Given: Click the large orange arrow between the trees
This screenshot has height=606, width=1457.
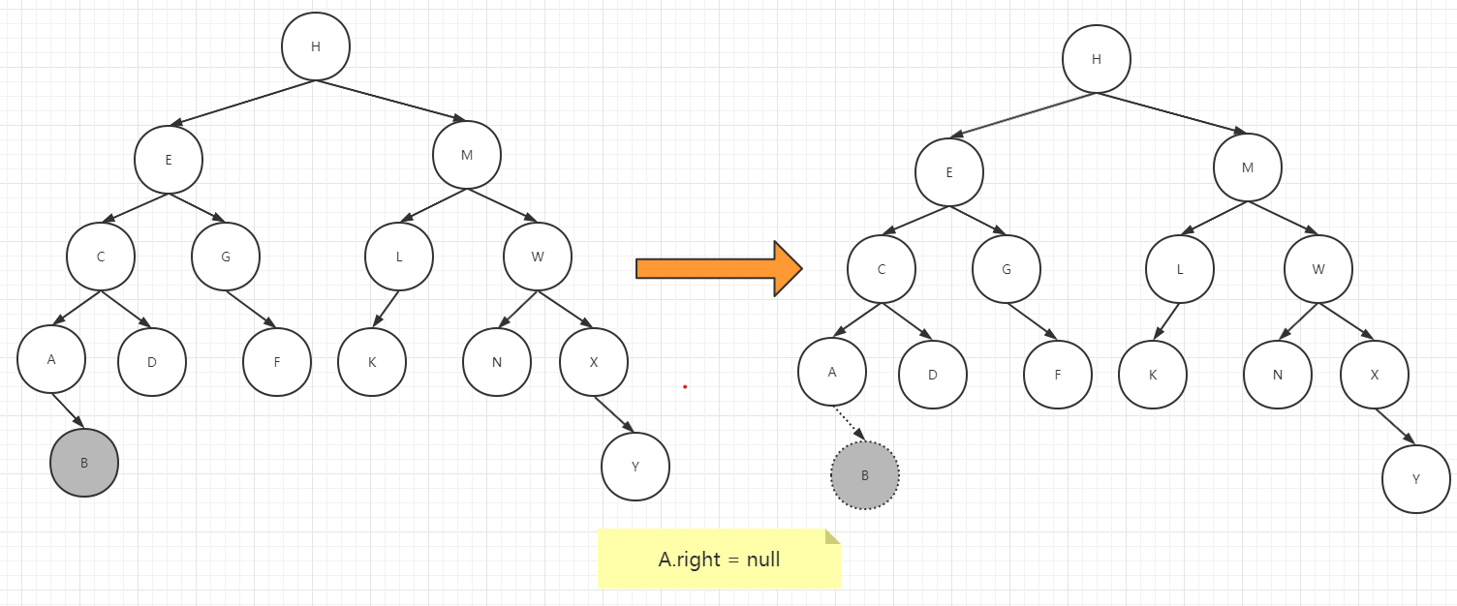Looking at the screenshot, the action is point(719,268).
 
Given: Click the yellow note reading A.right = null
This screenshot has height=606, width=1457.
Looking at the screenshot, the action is point(719,559).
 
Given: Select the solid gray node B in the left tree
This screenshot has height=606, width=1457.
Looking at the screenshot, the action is point(84,463).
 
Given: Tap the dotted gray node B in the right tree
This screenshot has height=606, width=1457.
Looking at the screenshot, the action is point(865,475).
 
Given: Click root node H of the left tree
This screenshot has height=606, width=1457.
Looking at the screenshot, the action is point(316,46).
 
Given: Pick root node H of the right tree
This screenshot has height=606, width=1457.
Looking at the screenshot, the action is point(1097,59).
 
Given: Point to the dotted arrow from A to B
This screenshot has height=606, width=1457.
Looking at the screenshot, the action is point(850,423).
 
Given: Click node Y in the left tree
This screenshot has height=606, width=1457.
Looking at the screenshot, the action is point(635,467).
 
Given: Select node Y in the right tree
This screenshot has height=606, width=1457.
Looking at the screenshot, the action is point(1416,479).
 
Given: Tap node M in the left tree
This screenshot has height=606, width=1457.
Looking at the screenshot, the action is point(467,155).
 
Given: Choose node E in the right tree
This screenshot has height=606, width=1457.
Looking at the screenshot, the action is point(949,172).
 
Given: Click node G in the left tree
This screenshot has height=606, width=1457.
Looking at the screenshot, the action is point(226,257).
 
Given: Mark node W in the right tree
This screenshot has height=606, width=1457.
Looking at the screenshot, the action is point(1318,269).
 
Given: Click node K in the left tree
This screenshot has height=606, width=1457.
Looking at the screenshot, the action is point(372,362).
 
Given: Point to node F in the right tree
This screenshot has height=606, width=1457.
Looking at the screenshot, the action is point(1058,375).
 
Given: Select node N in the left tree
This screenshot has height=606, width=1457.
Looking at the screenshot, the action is point(497,362).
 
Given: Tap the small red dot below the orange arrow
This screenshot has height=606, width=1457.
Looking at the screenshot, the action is point(685,387).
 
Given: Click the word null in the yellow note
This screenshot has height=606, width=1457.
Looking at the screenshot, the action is point(763,560).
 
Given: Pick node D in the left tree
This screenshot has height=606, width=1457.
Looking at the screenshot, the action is point(152,362).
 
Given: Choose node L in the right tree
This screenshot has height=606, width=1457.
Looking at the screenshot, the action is point(1180,269).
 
